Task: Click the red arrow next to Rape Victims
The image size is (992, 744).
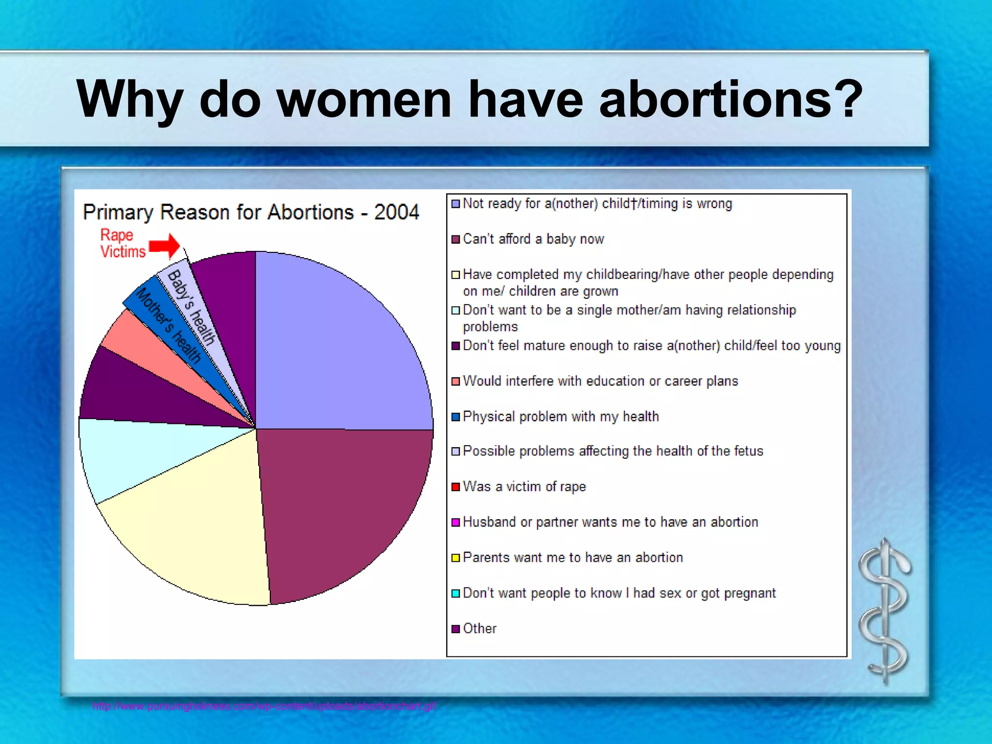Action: click(x=165, y=246)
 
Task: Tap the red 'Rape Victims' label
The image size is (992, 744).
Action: click(x=122, y=244)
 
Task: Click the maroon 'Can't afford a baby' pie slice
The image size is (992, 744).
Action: click(x=339, y=509)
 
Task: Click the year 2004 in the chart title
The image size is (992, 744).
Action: click(x=396, y=212)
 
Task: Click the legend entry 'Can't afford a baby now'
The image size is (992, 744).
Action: click(x=533, y=239)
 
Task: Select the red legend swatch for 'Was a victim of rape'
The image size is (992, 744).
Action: click(x=455, y=487)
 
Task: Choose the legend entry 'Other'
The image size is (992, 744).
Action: click(x=480, y=629)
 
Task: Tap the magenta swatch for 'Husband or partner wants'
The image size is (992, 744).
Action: click(x=455, y=522)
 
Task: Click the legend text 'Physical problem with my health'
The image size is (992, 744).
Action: click(x=560, y=417)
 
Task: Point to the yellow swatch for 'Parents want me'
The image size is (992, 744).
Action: click(x=455, y=558)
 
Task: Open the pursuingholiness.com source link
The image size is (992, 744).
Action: click(x=264, y=706)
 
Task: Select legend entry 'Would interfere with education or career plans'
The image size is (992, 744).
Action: click(x=600, y=381)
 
